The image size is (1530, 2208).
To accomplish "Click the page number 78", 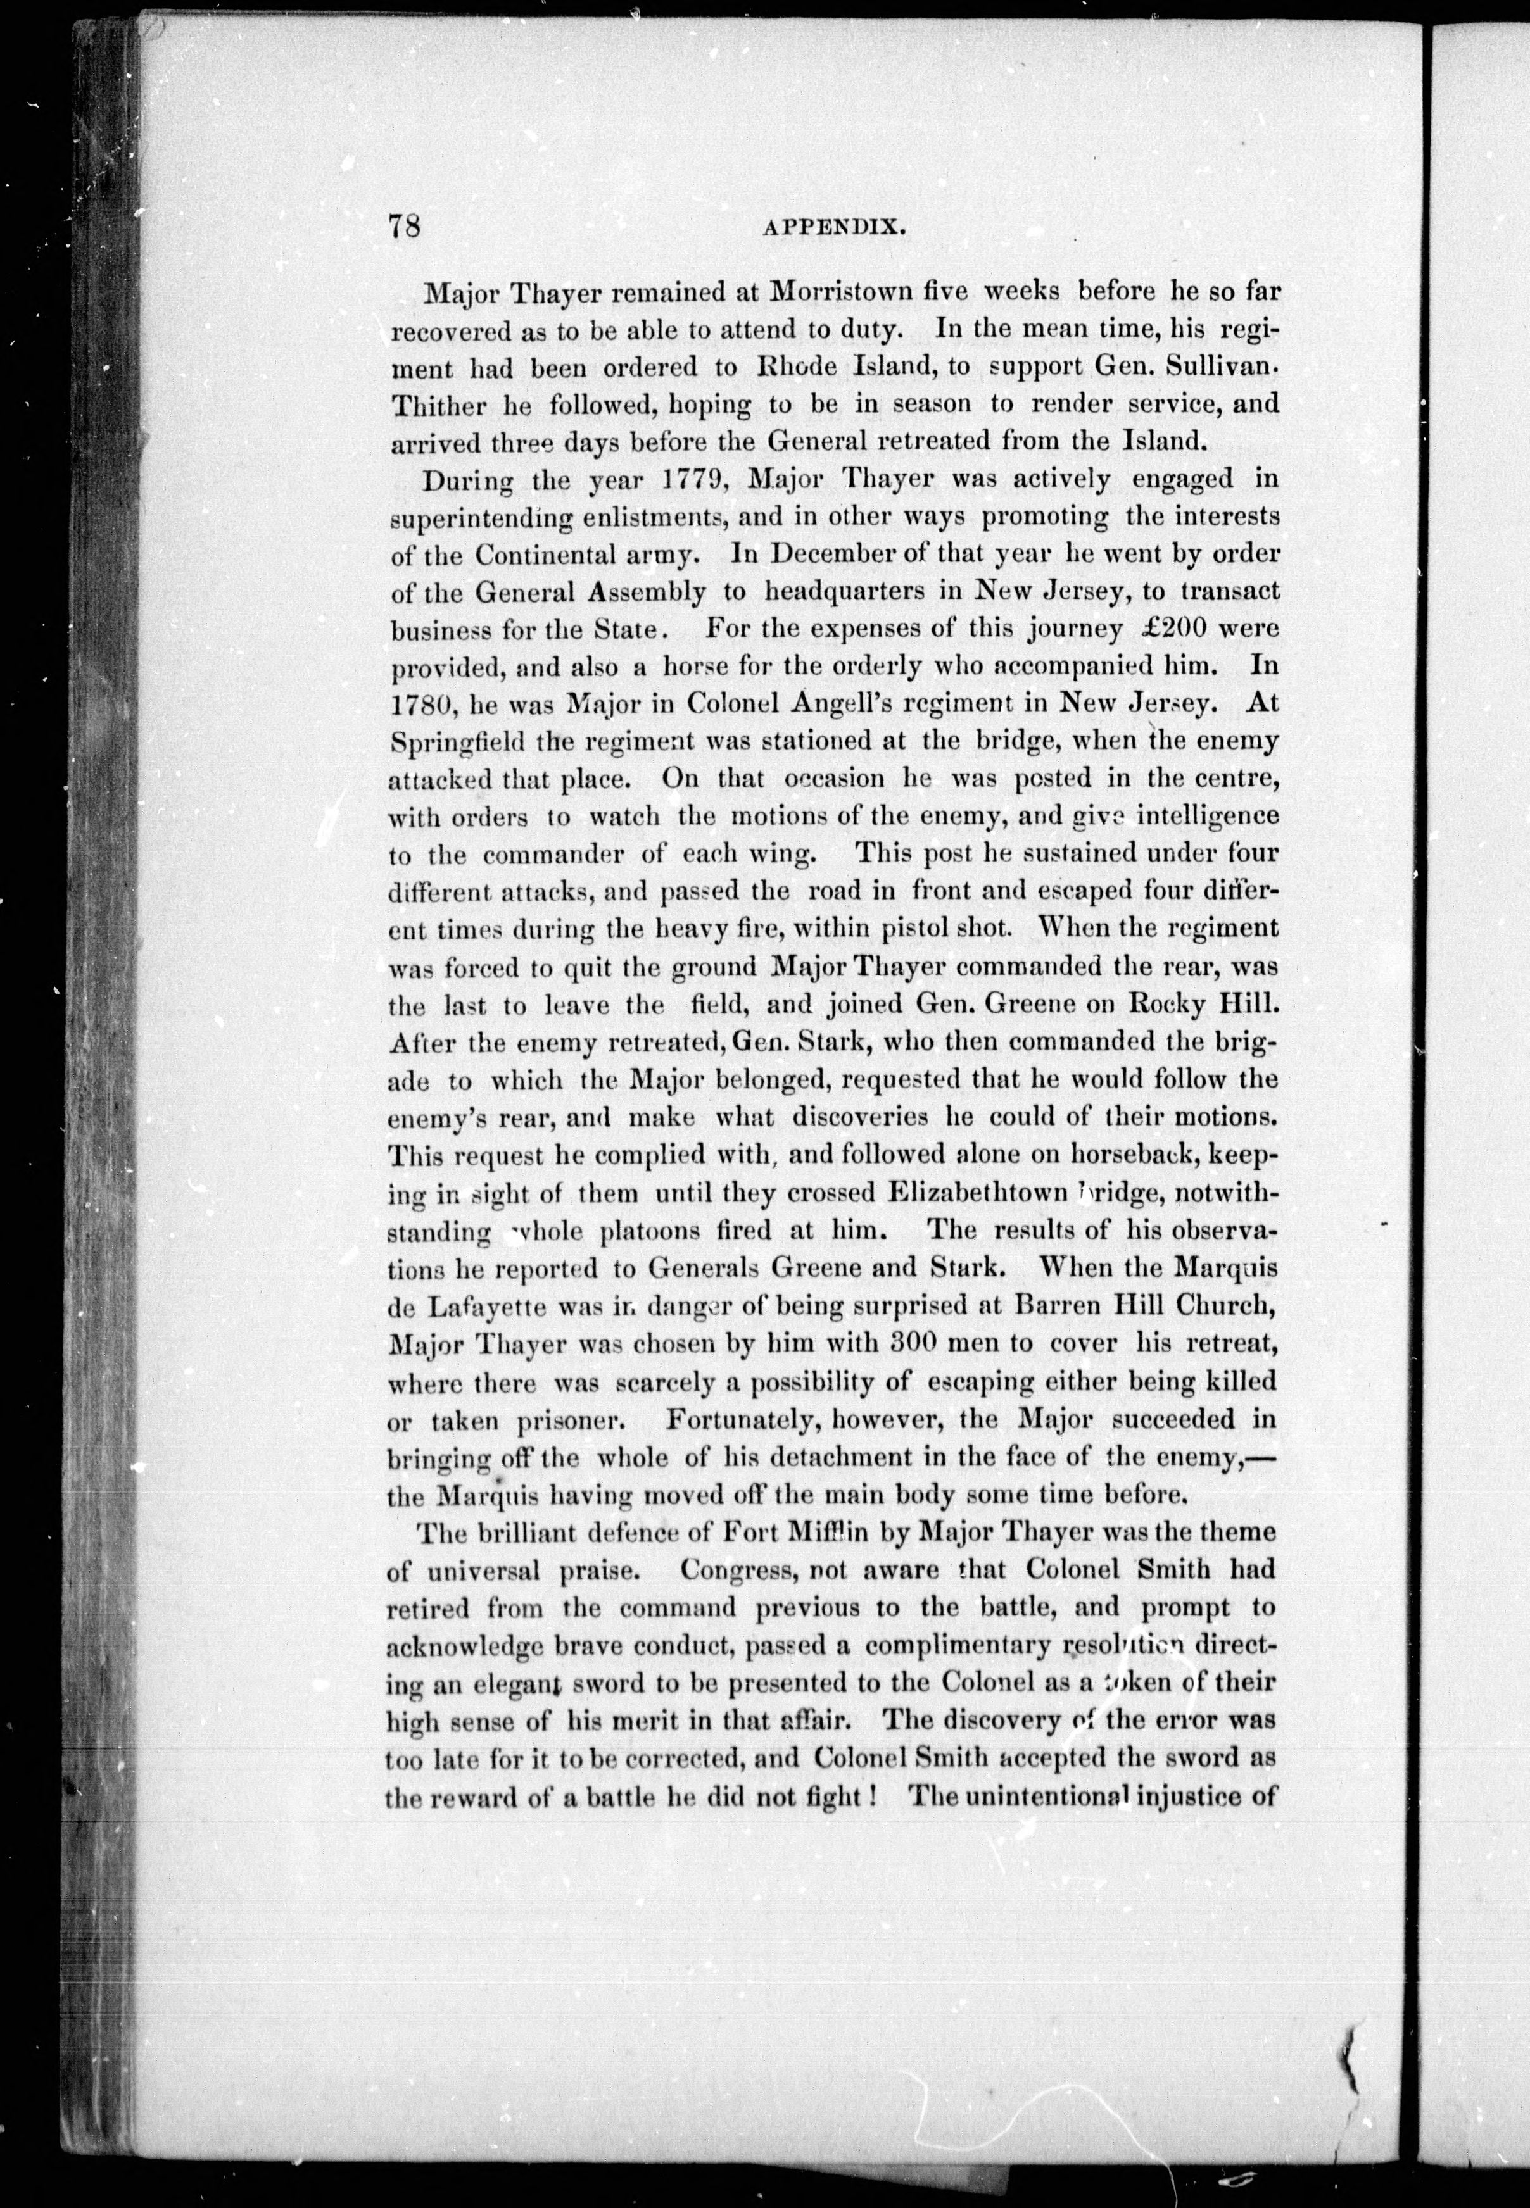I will click(403, 227).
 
